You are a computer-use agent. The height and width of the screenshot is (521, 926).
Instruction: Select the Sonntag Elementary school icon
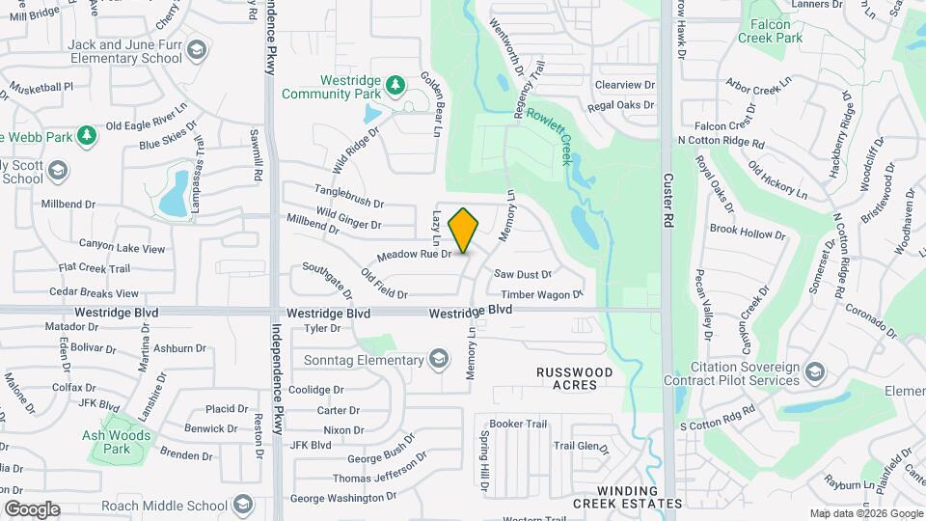(439, 361)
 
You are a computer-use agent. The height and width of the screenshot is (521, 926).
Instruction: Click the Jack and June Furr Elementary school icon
(197, 50)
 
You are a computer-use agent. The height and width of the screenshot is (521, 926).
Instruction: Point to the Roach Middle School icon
(242, 506)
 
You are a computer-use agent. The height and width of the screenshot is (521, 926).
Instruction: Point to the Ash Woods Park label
(117, 442)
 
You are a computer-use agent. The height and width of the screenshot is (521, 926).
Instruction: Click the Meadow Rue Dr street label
(414, 255)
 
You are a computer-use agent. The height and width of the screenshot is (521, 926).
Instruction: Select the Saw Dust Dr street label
(523, 274)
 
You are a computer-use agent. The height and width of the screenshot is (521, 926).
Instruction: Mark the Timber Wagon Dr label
(541, 294)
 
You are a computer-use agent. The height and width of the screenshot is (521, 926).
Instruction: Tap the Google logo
(32, 508)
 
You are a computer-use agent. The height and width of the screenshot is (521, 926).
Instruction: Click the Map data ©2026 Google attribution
(865, 514)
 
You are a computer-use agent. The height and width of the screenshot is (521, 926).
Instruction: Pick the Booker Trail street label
(518, 424)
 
